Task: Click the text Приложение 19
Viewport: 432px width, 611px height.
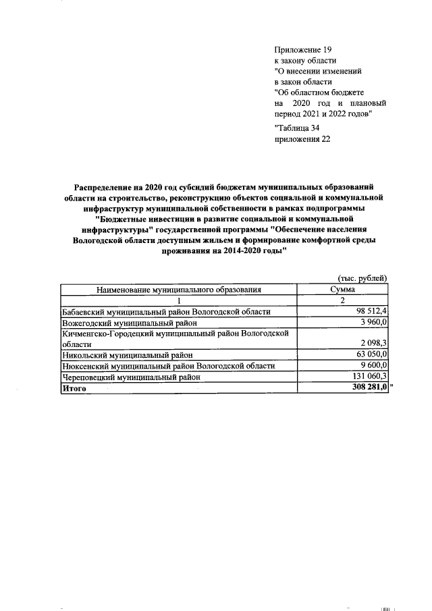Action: pyautogui.click(x=304, y=51)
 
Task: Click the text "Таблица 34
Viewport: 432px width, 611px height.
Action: pyautogui.click(x=299, y=129)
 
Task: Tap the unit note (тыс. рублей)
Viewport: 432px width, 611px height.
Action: pyautogui.click(x=362, y=277)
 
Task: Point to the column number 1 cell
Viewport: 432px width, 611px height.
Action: pyautogui.click(x=179, y=300)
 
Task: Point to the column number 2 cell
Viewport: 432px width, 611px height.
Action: pyautogui.click(x=343, y=300)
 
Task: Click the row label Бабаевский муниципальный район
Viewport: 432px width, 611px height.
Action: pyautogui.click(x=166, y=311)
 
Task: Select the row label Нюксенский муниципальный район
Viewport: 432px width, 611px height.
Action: pyautogui.click(x=168, y=365)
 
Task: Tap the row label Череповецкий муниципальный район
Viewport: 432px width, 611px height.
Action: pyautogui.click(x=132, y=377)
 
